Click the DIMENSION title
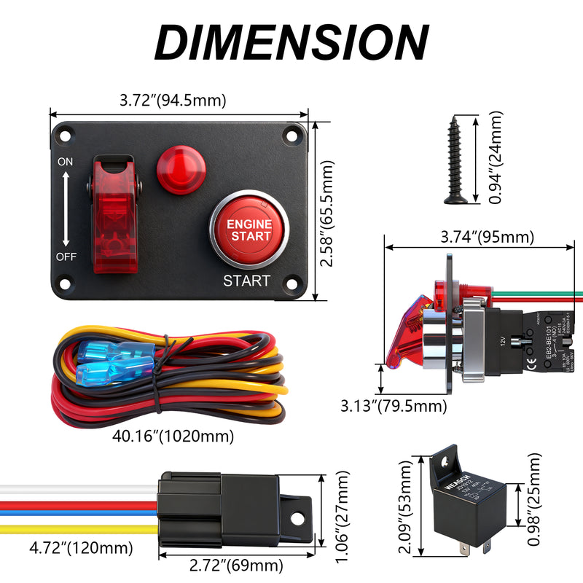(291, 42)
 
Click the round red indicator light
(181, 170)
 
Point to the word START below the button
(246, 281)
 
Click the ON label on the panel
(66, 163)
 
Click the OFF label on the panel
(66, 257)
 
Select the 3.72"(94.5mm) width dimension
(173, 101)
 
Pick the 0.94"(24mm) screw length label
(496, 157)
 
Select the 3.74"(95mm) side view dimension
(487, 237)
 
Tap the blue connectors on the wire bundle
(113, 362)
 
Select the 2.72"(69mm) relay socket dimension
(235, 566)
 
